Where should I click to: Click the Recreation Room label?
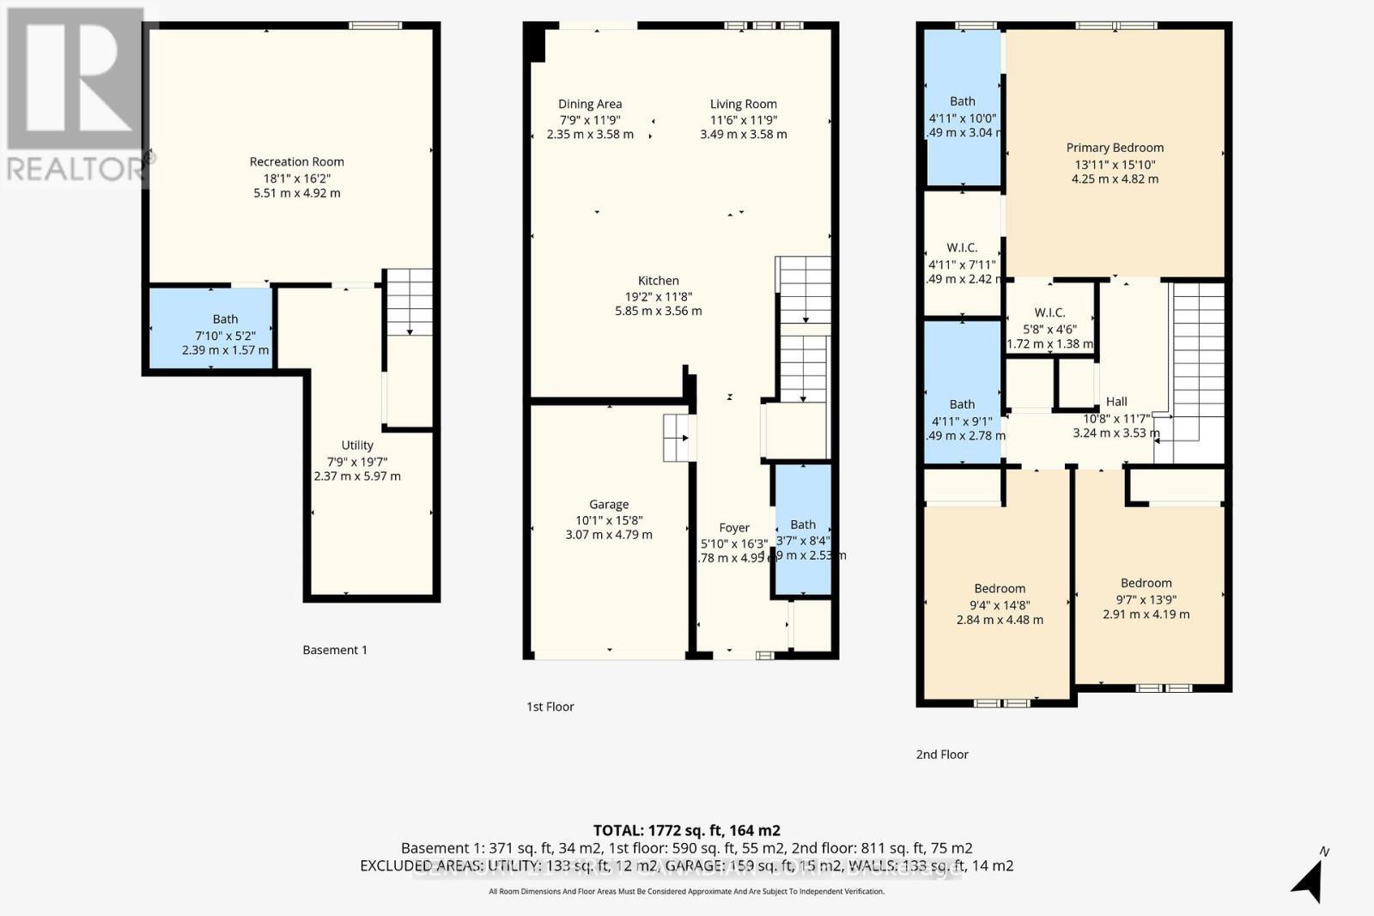(296, 161)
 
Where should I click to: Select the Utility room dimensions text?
(357, 469)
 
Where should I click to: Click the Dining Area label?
(590, 104)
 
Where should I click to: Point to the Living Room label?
(743, 104)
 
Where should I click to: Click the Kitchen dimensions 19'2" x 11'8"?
(659, 296)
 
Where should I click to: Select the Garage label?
(609, 505)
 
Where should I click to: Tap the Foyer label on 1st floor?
(734, 528)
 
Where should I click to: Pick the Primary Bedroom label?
(1115, 148)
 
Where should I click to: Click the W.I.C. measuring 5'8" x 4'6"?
(1049, 320)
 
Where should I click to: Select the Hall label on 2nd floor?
(1116, 402)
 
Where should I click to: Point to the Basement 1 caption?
(335, 650)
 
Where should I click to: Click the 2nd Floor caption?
(942, 755)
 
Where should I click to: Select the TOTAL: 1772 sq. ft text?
(686, 830)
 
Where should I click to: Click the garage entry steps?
(677, 438)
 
